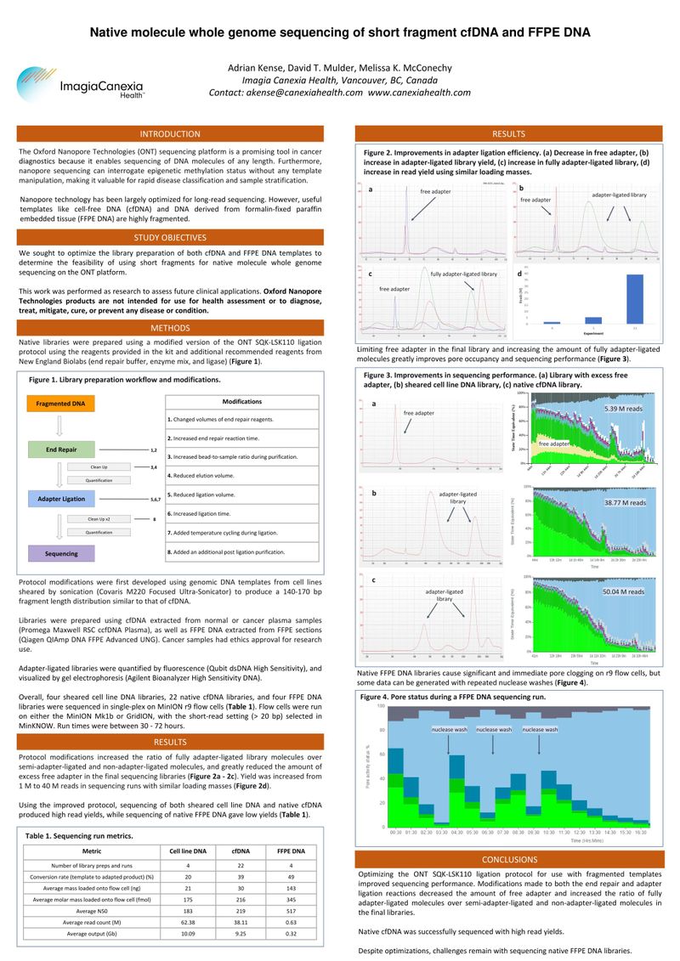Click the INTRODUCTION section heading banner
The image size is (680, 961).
click(170, 133)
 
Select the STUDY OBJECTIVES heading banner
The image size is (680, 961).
click(170, 237)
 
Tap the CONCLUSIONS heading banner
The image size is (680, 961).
click(509, 859)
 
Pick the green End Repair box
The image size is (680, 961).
click(61, 449)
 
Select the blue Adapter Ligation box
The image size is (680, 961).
click(61, 500)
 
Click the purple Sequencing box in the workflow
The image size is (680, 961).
click(61, 553)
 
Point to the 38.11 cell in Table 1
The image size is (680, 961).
click(235, 921)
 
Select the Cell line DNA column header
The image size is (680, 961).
click(188, 851)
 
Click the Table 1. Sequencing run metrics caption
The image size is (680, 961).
click(79, 836)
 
